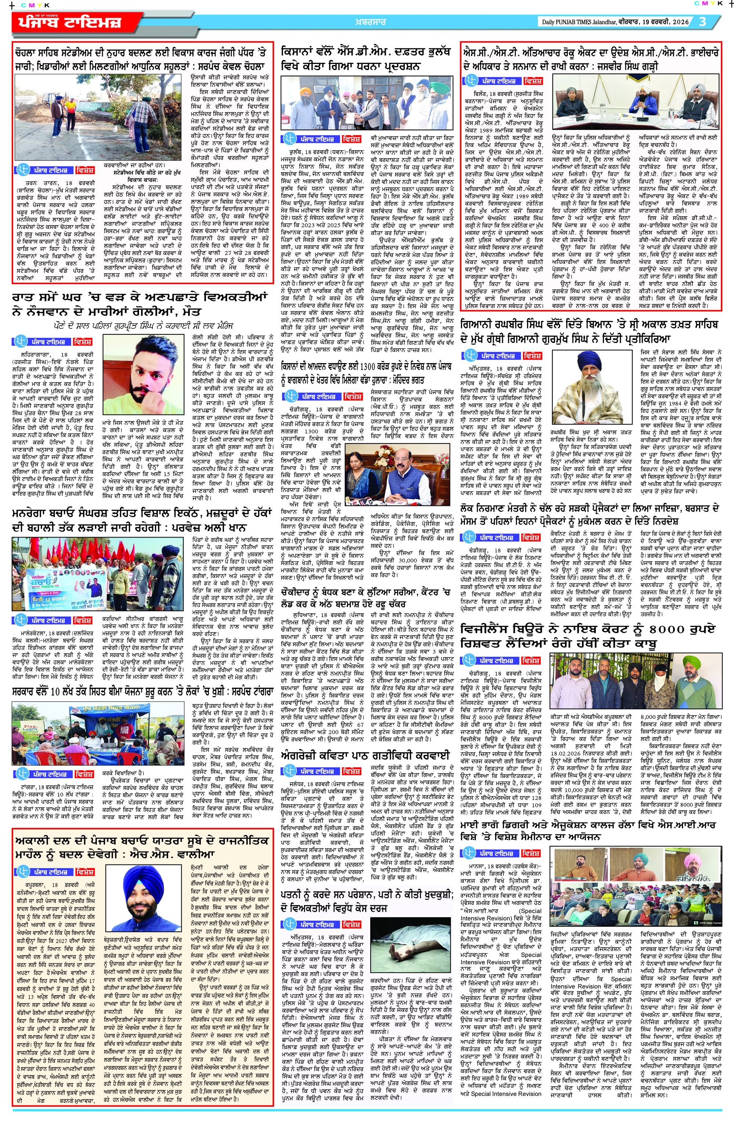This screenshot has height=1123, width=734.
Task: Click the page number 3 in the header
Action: tap(702, 21)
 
